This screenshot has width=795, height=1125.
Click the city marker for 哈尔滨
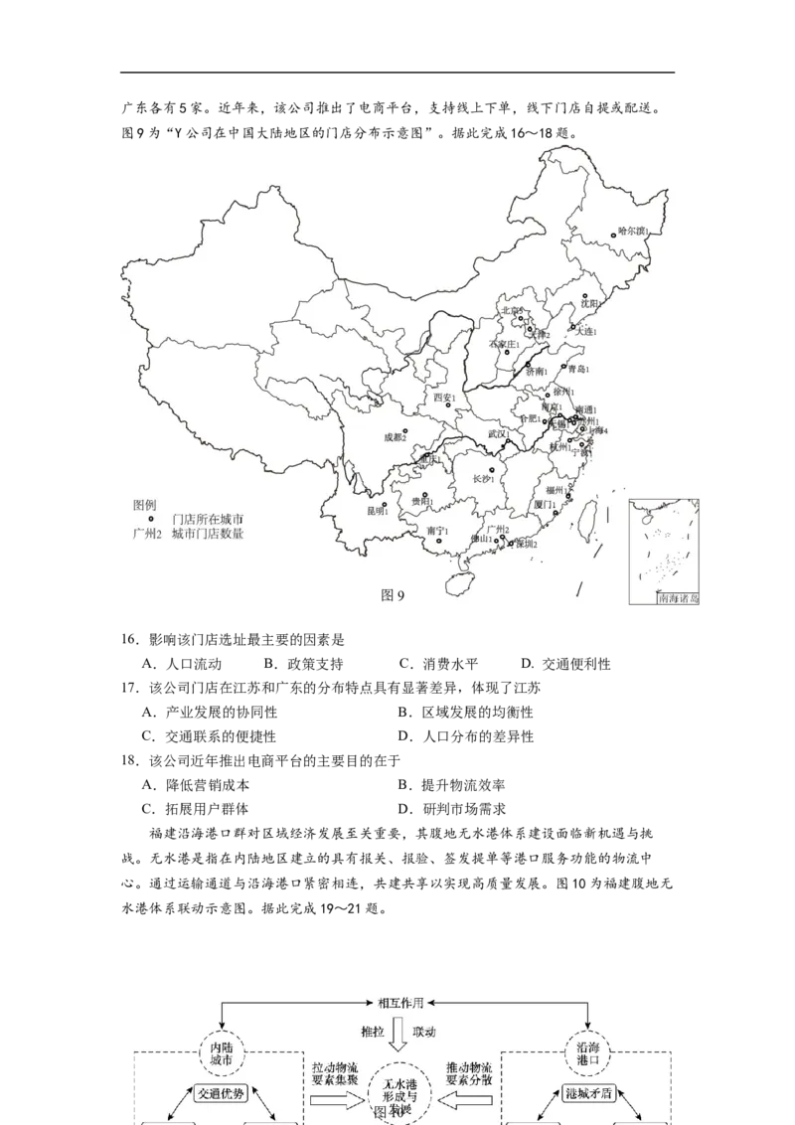click(x=613, y=237)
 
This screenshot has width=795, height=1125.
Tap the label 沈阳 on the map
click(x=591, y=304)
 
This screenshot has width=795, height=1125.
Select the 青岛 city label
click(x=577, y=370)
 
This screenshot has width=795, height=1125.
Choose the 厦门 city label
click(x=545, y=505)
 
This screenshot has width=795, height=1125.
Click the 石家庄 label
click(x=504, y=344)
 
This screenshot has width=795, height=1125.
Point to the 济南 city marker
click(x=529, y=365)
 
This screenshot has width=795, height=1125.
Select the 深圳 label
click(x=525, y=545)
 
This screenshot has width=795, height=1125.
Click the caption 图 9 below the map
click(x=394, y=595)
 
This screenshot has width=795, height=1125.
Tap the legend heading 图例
click(x=145, y=505)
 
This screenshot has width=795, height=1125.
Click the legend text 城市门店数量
click(x=208, y=534)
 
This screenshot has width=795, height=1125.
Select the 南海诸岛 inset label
click(x=679, y=599)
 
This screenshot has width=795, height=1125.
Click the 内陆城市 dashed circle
click(x=220, y=1052)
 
